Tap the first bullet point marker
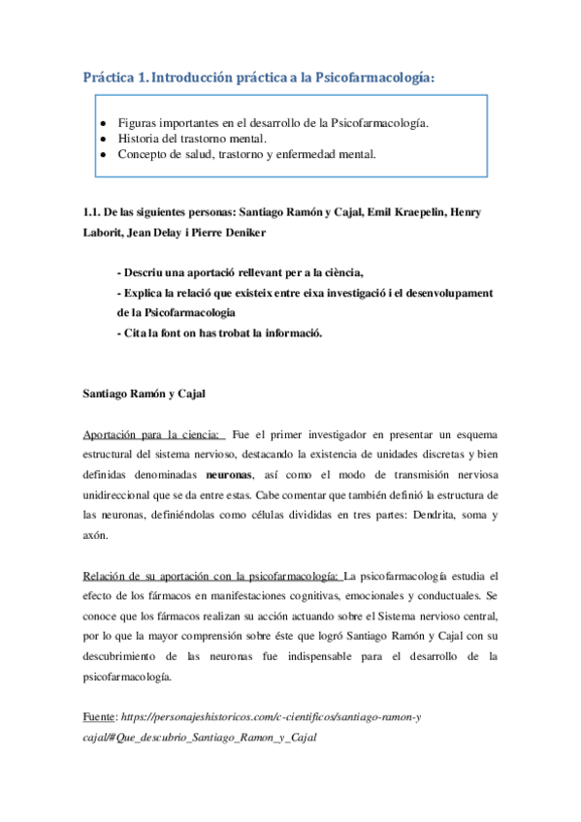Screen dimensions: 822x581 tap(104, 124)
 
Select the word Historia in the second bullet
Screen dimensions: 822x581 tap(139, 139)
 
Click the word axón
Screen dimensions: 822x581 tap(95, 536)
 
